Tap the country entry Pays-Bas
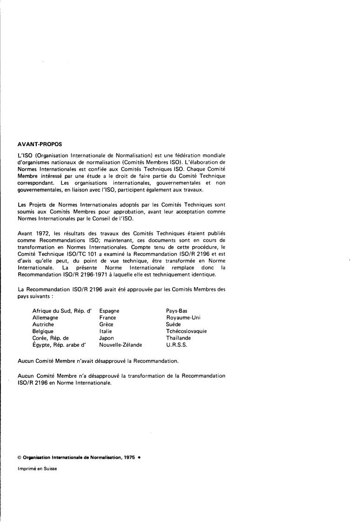coord(177,311)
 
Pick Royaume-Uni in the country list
coord(183,318)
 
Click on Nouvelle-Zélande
coord(120,345)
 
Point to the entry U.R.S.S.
coord(177,345)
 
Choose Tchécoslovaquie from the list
coord(187,331)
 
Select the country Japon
coord(107,338)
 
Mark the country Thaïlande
coord(179,338)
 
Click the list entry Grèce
coord(107,324)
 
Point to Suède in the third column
coord(173,324)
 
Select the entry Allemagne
coord(45,318)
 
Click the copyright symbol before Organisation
coord(19,457)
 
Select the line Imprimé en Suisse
coord(37,468)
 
